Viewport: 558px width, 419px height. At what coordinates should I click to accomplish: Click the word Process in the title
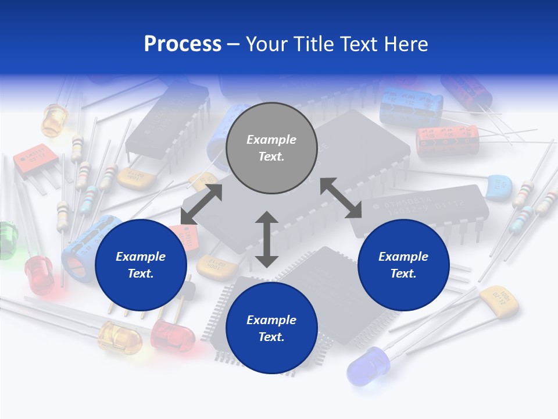pos(183,44)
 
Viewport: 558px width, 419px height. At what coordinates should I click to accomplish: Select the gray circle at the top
pos(271,148)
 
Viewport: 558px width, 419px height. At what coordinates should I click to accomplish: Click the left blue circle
pos(141,265)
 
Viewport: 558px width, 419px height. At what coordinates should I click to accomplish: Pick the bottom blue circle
pos(271,328)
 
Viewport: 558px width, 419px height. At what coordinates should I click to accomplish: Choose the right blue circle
pos(403,265)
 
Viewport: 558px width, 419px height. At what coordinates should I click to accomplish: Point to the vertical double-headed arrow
pos(267,239)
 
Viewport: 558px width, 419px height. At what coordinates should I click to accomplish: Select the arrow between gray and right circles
pos(341,198)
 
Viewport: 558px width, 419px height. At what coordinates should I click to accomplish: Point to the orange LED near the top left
pos(54,119)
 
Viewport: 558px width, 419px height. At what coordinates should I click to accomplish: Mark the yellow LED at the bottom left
pos(119,338)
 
